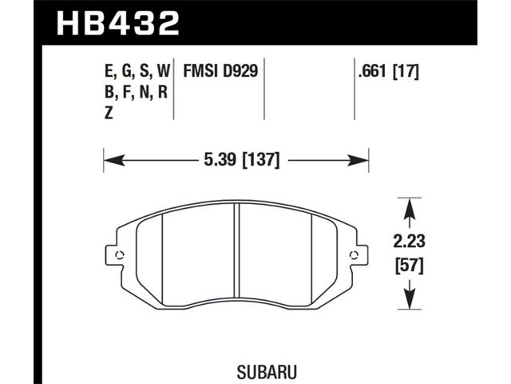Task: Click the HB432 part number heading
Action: click(x=118, y=23)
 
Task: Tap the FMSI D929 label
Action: click(x=220, y=71)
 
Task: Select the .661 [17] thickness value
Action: click(x=388, y=71)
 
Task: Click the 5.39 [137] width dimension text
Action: click(x=242, y=160)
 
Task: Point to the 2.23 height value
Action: click(x=410, y=242)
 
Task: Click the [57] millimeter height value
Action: click(x=410, y=266)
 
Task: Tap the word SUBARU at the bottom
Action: click(x=267, y=371)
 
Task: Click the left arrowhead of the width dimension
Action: click(x=114, y=160)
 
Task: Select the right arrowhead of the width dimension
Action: click(x=358, y=160)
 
